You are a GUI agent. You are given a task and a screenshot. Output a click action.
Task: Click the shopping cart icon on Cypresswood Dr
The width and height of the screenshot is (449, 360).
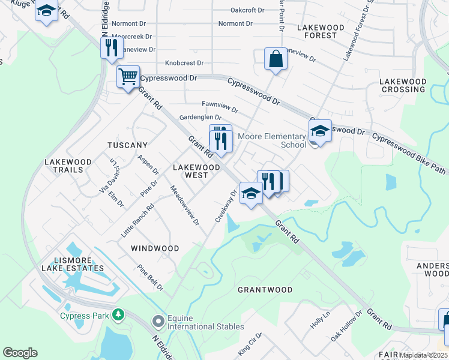128,77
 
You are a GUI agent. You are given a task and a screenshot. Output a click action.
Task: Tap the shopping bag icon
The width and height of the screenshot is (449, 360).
275,59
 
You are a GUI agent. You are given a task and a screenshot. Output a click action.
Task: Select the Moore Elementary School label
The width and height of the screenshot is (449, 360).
272,140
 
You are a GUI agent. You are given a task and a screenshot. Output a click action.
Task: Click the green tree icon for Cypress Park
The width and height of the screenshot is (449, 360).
119,314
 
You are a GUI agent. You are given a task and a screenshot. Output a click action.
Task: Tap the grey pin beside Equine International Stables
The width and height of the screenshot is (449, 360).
158,322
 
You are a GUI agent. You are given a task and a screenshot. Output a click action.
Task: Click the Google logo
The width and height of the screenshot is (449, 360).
20,353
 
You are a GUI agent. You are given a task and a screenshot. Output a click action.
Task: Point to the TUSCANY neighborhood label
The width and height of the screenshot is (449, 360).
127,146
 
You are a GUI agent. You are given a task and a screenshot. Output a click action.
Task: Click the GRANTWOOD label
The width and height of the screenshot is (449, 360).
265,290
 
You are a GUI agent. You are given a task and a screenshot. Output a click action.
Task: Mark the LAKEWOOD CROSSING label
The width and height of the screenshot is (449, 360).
403,85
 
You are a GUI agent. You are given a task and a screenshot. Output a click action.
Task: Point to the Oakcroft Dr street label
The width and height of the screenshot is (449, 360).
247,10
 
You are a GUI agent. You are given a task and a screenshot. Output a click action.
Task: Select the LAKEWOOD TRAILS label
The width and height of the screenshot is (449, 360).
68,166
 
